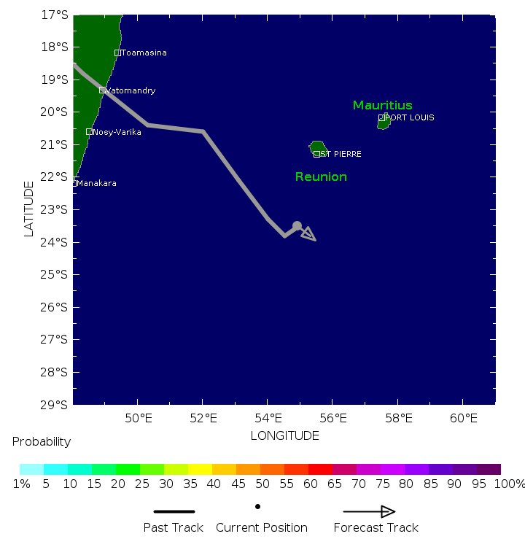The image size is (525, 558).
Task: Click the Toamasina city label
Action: click(144, 53)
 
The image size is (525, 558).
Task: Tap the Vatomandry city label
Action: click(131, 90)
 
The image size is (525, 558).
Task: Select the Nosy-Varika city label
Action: click(117, 132)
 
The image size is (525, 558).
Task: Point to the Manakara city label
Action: click(96, 183)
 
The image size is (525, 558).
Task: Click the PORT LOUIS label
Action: click(409, 117)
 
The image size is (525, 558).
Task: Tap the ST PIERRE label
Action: click(341, 154)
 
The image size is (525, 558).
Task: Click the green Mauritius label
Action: click(383, 105)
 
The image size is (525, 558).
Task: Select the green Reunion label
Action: click(321, 177)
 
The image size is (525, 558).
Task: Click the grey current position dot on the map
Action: click(297, 226)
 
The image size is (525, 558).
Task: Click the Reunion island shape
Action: click(317, 147)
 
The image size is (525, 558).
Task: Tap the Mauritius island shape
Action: click(384, 123)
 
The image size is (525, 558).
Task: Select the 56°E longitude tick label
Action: click(332, 418)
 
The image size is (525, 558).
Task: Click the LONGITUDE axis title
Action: click(285, 435)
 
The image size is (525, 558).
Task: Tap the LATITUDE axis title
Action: click(29, 209)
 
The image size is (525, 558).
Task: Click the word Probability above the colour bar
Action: click(42, 441)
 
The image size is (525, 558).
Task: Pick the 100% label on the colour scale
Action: click(509, 484)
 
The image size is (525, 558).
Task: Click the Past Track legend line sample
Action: click(174, 511)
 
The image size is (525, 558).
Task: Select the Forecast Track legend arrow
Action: click(369, 511)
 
